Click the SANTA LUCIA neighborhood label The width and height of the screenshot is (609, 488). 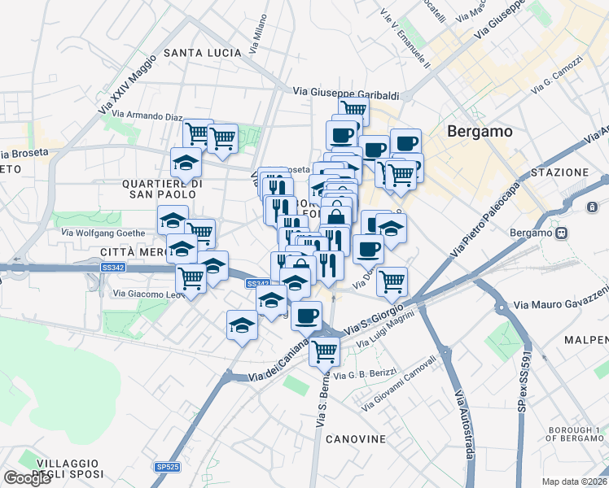(203, 53)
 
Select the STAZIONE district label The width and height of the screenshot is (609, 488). (559, 172)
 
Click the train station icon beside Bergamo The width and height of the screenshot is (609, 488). (561, 233)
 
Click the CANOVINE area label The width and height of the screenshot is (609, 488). (356, 439)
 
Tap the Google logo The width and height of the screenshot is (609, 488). (28, 478)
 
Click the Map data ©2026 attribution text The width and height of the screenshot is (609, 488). (574, 481)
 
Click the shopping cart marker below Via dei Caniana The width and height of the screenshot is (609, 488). (325, 351)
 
